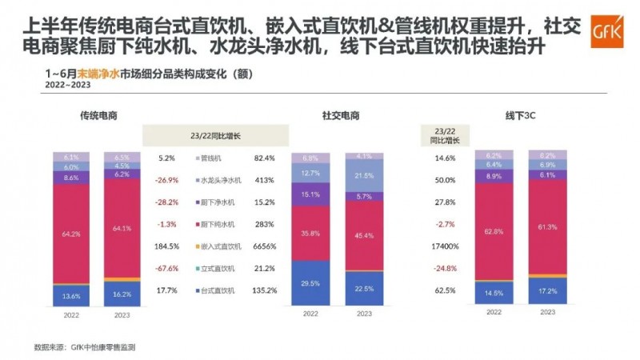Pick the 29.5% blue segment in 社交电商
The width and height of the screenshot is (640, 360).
310,282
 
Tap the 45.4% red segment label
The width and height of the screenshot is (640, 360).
363,235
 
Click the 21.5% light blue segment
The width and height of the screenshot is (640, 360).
363,175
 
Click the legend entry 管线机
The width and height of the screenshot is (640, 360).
210,158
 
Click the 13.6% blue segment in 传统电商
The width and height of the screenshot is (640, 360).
71,294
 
